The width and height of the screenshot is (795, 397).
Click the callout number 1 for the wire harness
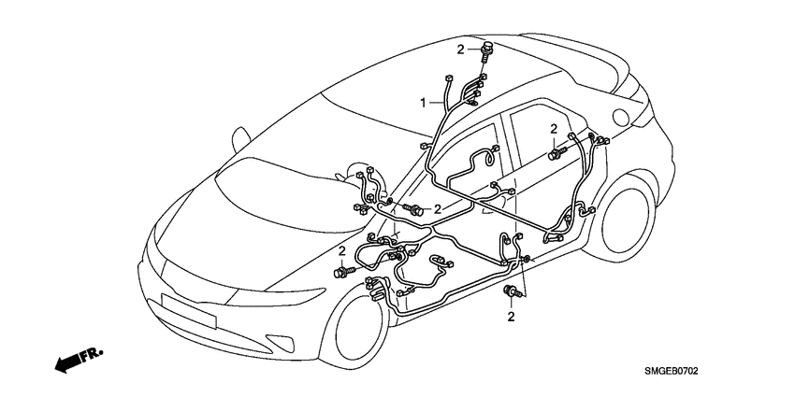tap(424, 102)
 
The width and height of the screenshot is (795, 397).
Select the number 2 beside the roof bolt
tap(460, 49)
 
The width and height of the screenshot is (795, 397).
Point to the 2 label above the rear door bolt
tap(553, 129)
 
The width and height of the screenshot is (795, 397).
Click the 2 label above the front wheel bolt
tap(342, 251)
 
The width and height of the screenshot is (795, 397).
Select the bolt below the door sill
tap(511, 294)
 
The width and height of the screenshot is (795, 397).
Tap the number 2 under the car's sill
tap(512, 318)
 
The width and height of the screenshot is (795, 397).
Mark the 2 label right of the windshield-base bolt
tap(436, 210)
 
